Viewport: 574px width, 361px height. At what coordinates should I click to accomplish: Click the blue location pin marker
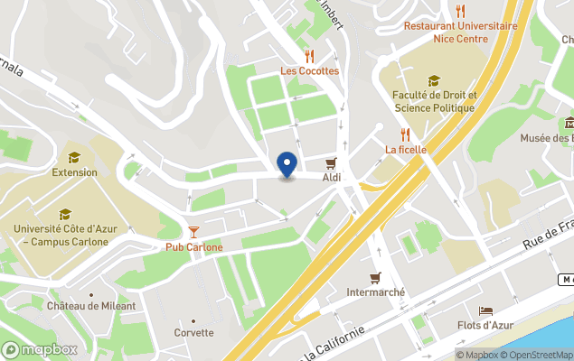tap(287, 165)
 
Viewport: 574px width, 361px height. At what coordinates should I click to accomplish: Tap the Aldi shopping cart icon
tap(332, 162)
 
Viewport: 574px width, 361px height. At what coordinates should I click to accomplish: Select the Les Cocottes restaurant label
tap(309, 70)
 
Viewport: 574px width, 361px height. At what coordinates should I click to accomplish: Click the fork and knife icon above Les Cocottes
tap(309, 56)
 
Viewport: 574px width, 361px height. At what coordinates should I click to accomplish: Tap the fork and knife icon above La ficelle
tap(405, 134)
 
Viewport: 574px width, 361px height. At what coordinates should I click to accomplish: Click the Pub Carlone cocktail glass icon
tap(193, 232)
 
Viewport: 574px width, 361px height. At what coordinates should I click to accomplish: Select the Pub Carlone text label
tap(193, 247)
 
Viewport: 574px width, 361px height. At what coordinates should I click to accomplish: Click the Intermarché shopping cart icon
tap(375, 277)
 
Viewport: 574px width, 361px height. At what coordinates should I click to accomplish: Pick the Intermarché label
tap(376, 292)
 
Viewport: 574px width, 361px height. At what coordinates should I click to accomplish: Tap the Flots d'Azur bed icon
tap(486, 310)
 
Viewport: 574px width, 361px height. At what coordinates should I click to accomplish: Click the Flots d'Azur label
tap(486, 325)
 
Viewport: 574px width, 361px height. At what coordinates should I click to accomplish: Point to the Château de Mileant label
tap(91, 306)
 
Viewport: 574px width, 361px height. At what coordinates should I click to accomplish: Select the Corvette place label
tap(194, 332)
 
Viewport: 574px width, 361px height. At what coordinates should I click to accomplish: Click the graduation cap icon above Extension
tap(74, 157)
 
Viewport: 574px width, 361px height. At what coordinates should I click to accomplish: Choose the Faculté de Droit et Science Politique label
tap(434, 101)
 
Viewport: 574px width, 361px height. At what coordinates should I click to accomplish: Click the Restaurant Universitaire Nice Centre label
tap(461, 32)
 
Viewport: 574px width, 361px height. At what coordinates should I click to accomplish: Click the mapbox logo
tap(39, 349)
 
